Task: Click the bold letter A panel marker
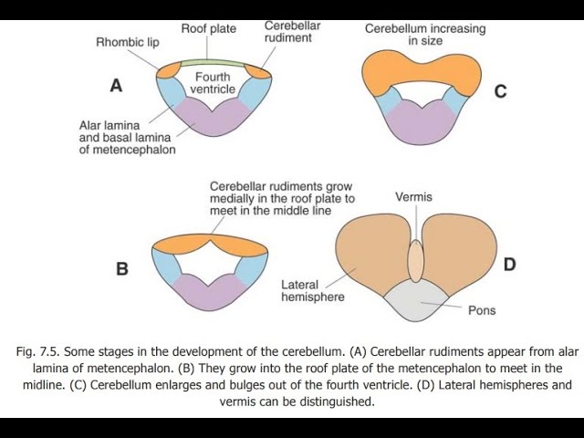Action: pyautogui.click(x=116, y=86)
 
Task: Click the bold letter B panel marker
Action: pyautogui.click(x=122, y=268)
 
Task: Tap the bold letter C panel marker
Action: pyautogui.click(x=501, y=91)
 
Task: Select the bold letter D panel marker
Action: pyautogui.click(x=509, y=265)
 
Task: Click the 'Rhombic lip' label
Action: pyautogui.click(x=128, y=42)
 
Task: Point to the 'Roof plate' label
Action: pyautogui.click(x=209, y=28)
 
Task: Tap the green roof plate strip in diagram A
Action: pyautogui.click(x=213, y=63)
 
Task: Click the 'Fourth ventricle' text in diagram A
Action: pyautogui.click(x=213, y=83)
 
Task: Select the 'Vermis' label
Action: pyautogui.click(x=413, y=197)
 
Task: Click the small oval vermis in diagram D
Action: pyautogui.click(x=416, y=261)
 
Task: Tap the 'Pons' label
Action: pyautogui.click(x=482, y=310)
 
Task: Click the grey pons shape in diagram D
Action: pyautogui.click(x=416, y=302)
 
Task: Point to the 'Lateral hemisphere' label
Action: pyautogui.click(x=313, y=291)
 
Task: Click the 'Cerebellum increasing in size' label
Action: pyautogui.click(x=425, y=35)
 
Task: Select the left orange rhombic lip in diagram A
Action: pyautogui.click(x=168, y=70)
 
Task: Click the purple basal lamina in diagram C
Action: pyautogui.click(x=422, y=123)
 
